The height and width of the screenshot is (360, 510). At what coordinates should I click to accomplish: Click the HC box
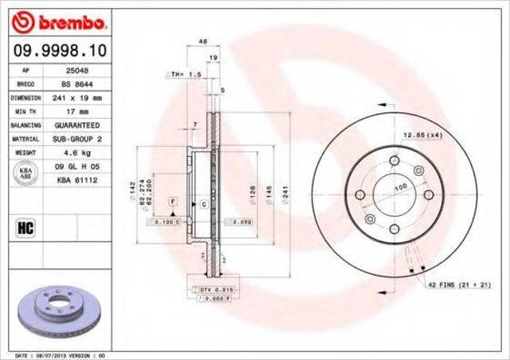point(24,229)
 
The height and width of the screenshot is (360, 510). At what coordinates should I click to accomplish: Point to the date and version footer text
point(60,354)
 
